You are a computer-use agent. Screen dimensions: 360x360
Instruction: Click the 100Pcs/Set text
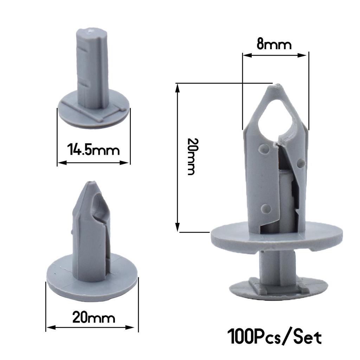click(275, 336)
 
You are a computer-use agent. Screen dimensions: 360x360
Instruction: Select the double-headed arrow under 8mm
click(275, 55)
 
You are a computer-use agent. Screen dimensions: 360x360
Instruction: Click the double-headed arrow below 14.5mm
click(94, 162)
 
